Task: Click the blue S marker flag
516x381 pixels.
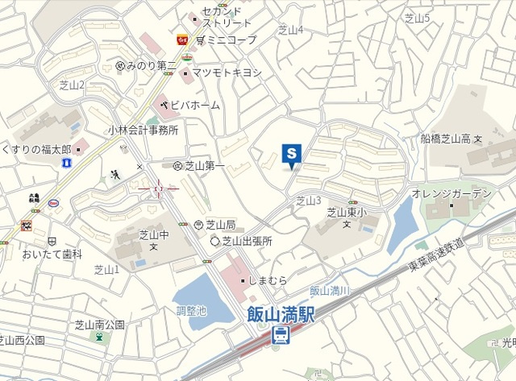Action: (291, 153)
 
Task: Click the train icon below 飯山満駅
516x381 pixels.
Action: (281, 334)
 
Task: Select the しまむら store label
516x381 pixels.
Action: (268, 280)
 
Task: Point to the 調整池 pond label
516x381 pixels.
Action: (191, 310)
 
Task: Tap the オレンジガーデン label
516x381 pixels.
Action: (451, 194)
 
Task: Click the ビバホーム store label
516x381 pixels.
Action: (194, 105)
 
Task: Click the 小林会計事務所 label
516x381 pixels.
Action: (143, 130)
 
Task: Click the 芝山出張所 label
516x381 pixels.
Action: (248, 241)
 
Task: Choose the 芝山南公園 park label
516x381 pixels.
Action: (100, 325)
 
